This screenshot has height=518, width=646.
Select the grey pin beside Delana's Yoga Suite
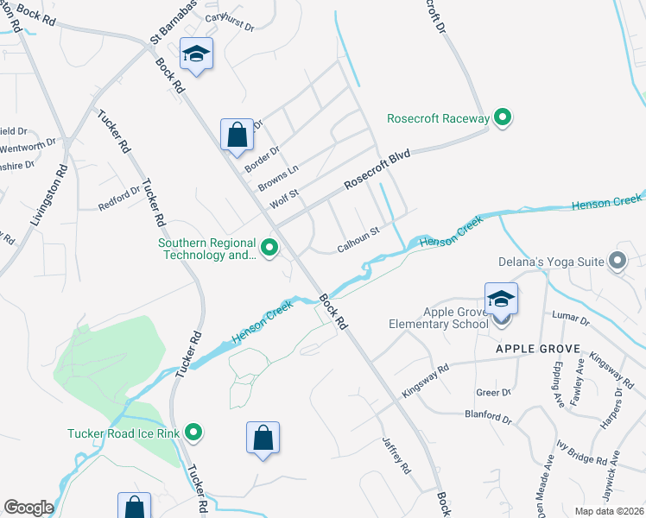pos(617,260)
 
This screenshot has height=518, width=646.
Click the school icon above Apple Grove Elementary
pos(501,300)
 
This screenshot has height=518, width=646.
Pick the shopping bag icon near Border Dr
pos(237,136)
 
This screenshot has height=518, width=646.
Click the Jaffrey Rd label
pos(396,455)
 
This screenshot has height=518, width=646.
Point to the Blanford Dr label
pos(487,416)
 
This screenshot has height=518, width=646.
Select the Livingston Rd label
pos(48,197)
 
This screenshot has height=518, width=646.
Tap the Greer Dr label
pos(493,393)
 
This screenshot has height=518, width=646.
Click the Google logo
pos(28,508)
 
